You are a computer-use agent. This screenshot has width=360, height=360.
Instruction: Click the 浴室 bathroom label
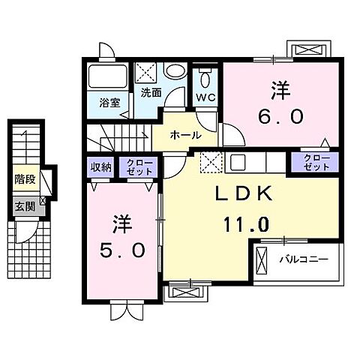(109, 102)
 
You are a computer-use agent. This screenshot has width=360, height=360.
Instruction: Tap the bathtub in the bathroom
(109, 77)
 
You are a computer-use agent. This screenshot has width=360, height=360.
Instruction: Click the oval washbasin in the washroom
(175, 72)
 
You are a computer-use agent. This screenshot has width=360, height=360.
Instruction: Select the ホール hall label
(185, 136)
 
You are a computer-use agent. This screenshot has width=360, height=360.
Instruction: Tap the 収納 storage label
(101, 167)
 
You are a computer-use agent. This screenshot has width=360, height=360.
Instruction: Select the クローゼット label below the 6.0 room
(314, 162)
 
